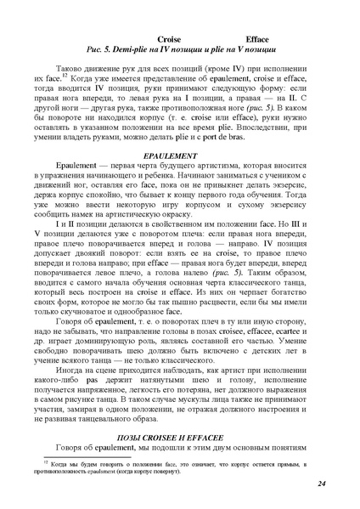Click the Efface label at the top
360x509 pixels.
point(257,40)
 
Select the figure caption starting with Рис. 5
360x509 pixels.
point(179,51)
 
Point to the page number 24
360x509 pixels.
point(322,484)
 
